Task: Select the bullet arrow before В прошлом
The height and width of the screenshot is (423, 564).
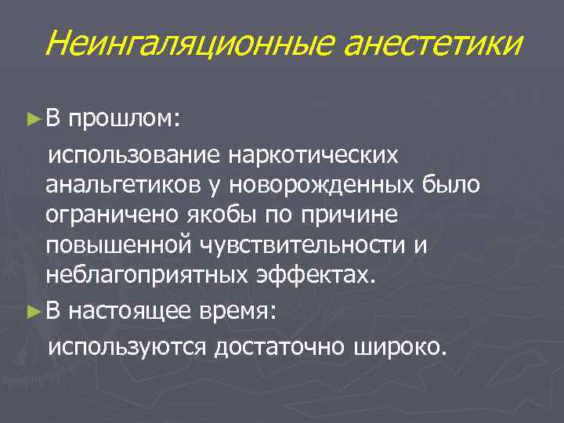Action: coord(32,121)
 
